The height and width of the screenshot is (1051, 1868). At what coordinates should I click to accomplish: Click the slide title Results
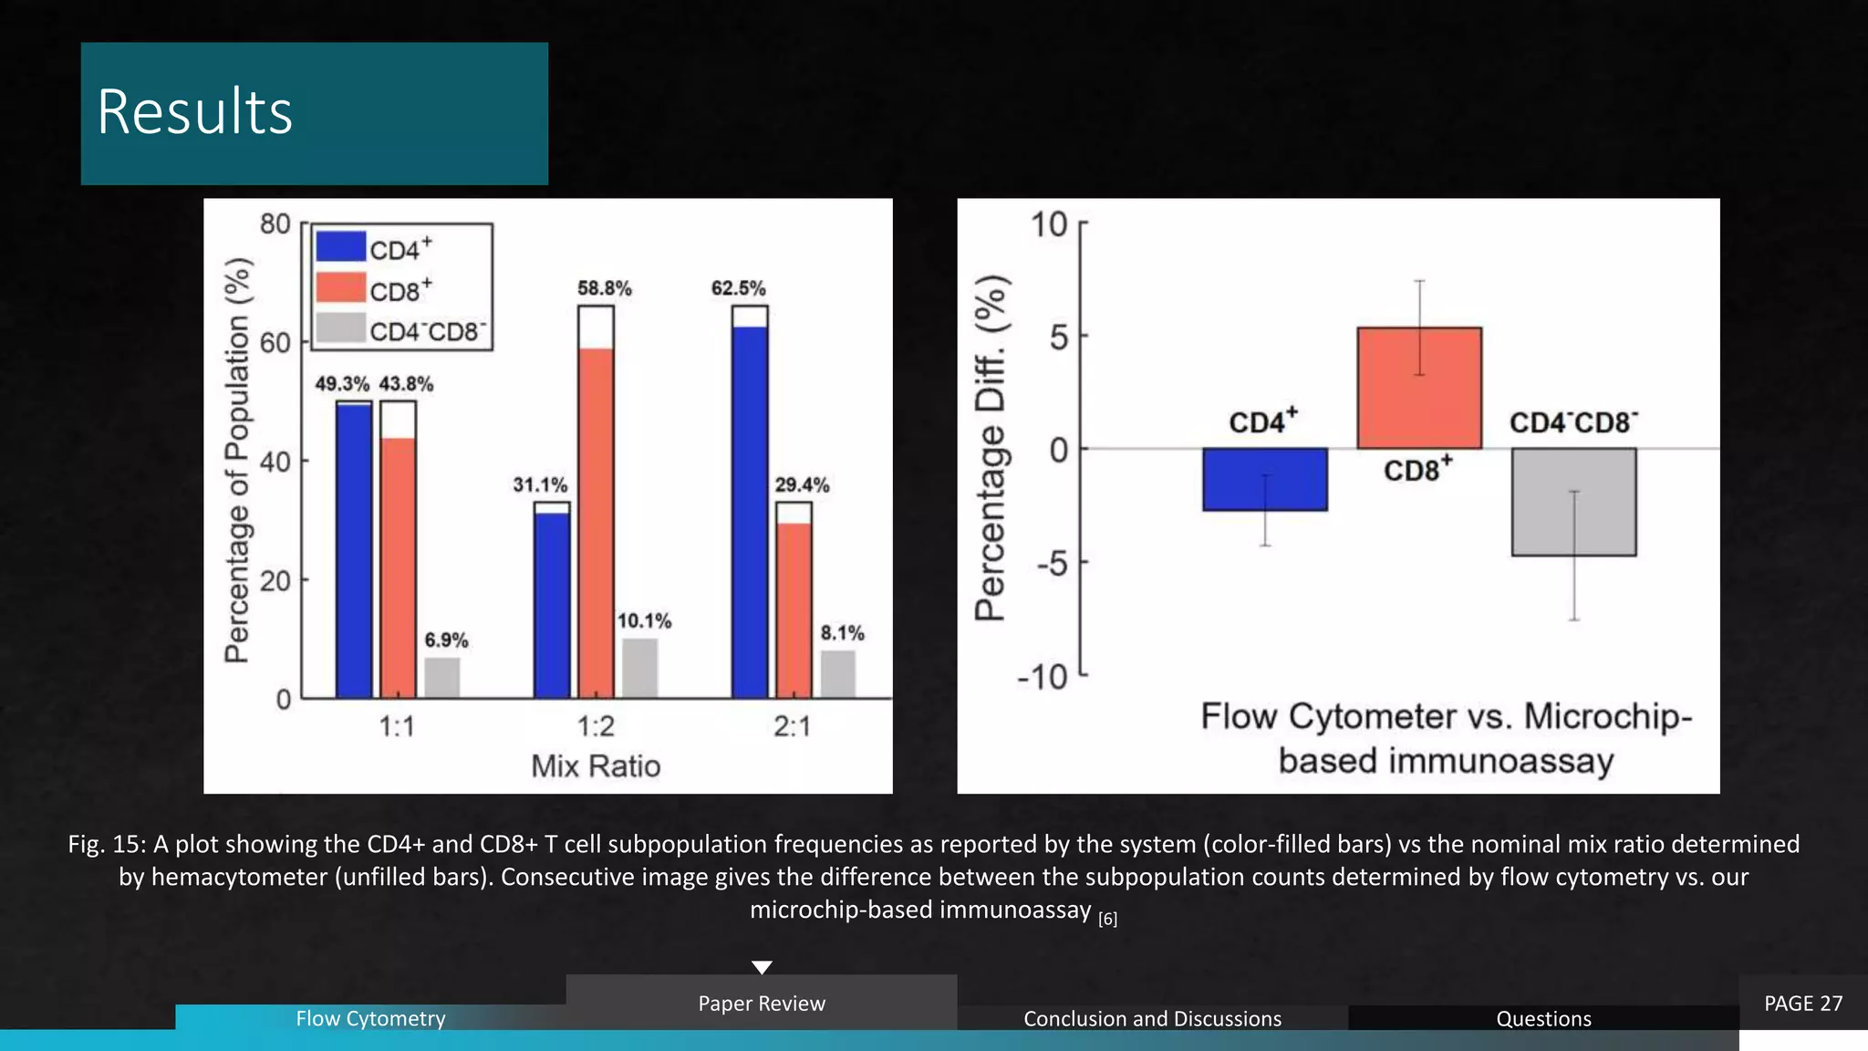click(x=195, y=112)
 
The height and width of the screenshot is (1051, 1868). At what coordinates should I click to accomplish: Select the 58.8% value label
click(x=604, y=288)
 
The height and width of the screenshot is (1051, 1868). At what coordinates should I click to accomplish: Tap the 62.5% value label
click(x=738, y=288)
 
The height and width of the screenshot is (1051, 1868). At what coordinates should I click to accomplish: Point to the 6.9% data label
click(x=446, y=640)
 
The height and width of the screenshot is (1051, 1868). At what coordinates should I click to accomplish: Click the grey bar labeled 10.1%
click(x=639, y=669)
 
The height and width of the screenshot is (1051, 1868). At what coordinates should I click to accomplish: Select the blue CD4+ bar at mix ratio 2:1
click(x=750, y=511)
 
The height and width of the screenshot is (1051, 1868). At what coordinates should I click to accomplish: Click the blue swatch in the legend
click(x=340, y=246)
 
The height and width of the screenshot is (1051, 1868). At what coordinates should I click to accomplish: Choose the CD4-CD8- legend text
click(x=428, y=331)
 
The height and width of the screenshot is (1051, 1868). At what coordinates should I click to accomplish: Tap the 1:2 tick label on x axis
click(x=596, y=726)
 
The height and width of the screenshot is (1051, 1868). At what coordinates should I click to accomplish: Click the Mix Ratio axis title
click(x=596, y=765)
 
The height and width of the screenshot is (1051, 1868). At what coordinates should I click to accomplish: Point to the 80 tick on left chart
click(x=275, y=224)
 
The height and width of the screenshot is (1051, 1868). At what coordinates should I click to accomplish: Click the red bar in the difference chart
click(x=1419, y=388)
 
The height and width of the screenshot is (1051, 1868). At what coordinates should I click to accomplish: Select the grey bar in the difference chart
click(x=1573, y=502)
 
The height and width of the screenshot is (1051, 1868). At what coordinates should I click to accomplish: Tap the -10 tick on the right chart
click(x=1043, y=677)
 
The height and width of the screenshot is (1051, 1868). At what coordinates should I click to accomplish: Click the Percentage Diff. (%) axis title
click(x=991, y=447)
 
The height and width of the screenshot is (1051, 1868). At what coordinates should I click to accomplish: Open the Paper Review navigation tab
click(x=762, y=1003)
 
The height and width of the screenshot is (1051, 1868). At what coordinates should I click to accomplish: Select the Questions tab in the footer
click(x=1543, y=1018)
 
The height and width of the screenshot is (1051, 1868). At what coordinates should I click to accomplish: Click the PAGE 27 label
click(x=1803, y=1003)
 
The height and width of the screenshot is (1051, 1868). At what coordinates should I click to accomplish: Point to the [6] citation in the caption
click(x=1107, y=919)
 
